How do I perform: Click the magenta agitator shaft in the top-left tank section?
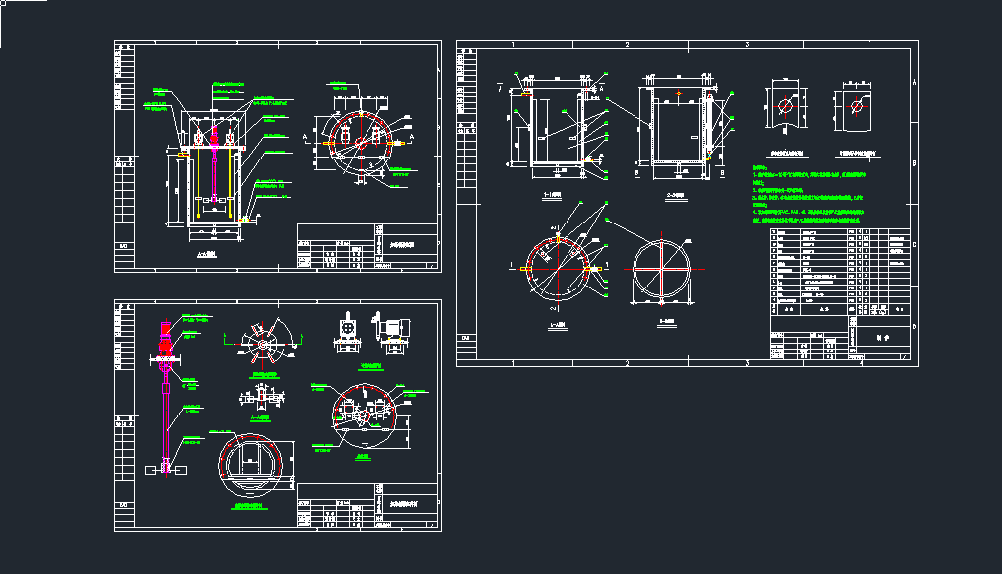[213, 167]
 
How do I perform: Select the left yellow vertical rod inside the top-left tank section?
[195, 182]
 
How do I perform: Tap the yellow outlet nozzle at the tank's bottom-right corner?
[242, 221]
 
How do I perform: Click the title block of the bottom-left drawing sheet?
[367, 506]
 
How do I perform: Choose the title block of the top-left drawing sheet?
[367, 246]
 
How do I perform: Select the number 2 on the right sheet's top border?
[628, 45]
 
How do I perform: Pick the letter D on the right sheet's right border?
[914, 325]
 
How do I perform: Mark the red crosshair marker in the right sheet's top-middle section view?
[679, 95]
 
